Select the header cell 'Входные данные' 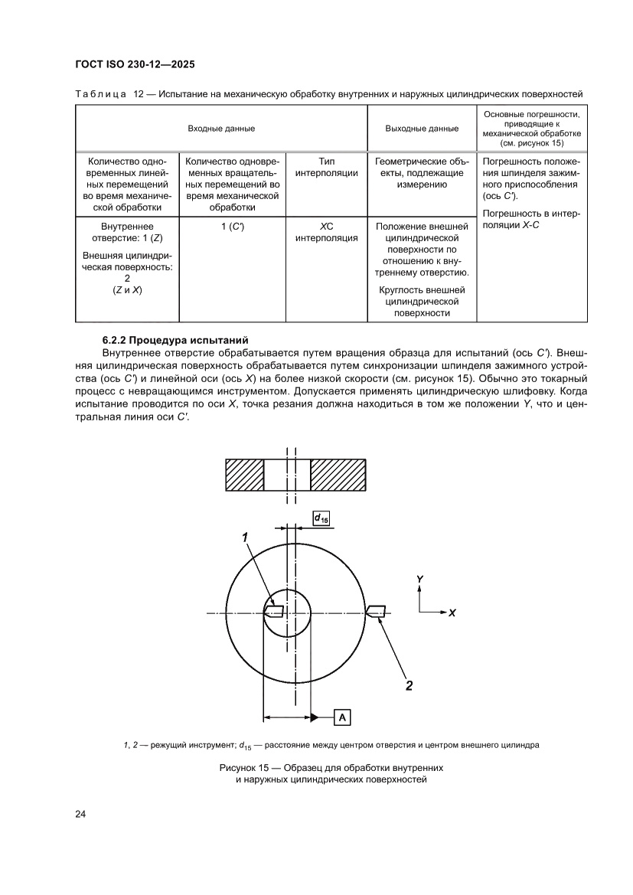click(x=221, y=129)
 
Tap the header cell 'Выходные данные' click(x=422, y=129)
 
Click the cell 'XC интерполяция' click(x=327, y=233)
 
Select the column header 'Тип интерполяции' click(x=327, y=167)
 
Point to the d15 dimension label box click(x=321, y=519)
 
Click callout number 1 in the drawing click(x=246, y=538)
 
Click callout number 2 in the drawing click(x=409, y=685)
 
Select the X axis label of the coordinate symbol click(x=452, y=613)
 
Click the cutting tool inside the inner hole click(x=274, y=612)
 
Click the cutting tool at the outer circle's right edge click(x=375, y=611)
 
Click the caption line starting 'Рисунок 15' click(x=331, y=767)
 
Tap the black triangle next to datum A click(x=315, y=717)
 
